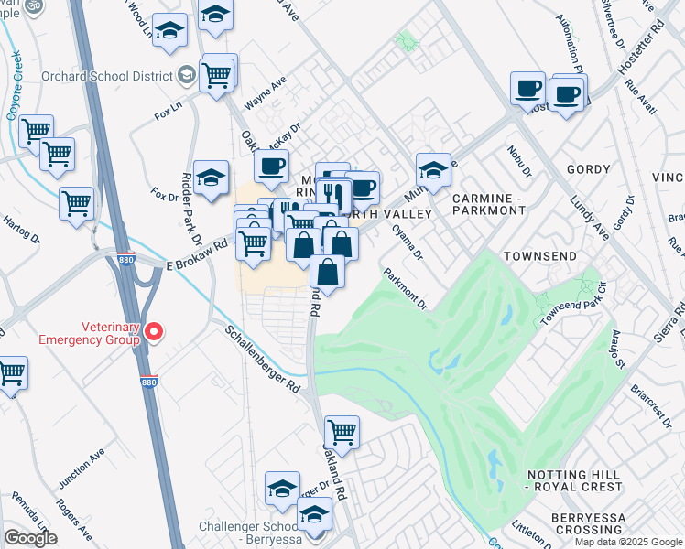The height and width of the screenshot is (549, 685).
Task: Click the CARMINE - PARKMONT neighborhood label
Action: click(x=487, y=203)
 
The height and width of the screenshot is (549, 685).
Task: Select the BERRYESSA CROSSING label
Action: click(x=576, y=524)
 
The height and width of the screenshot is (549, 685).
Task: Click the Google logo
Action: click(x=30, y=538)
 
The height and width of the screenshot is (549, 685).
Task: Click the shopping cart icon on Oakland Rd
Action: click(x=342, y=432)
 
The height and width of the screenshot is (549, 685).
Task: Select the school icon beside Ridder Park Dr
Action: click(x=212, y=178)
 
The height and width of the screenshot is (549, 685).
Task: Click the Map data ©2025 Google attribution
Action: click(x=628, y=542)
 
